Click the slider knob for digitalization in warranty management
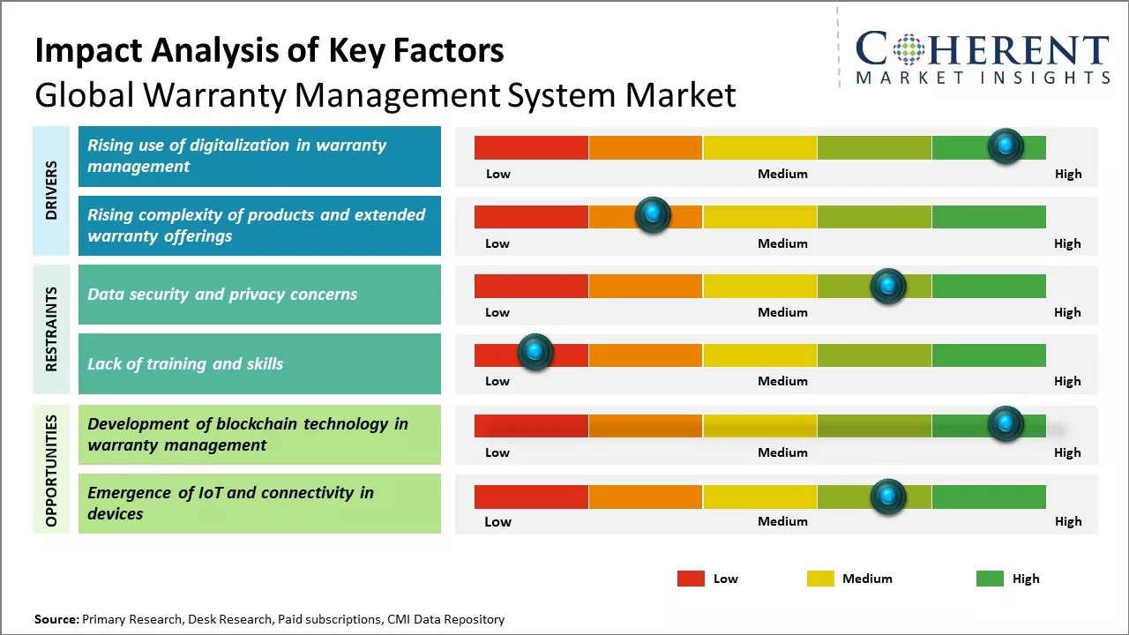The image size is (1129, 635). tap(1006, 146)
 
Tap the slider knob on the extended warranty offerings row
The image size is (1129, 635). tap(653, 215)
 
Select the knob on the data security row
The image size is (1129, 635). tap(888, 286)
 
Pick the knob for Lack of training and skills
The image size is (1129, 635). tap(535, 352)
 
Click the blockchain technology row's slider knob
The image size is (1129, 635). tap(1006, 424)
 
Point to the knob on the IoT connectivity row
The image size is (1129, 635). tap(888, 497)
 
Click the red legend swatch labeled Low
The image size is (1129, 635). tap(691, 579)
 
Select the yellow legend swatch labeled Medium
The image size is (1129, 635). tap(820, 579)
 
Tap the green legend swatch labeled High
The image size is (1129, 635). tap(990, 579)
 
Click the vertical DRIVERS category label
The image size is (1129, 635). tap(51, 190)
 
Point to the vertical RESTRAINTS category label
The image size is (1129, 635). tap(51, 329)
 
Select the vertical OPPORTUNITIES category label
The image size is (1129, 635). tap(51, 470)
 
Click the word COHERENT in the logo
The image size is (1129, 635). tap(982, 49)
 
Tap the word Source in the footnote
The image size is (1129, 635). tap(56, 619)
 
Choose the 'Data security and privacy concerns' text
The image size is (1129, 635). tap(222, 295)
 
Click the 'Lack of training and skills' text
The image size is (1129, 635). tap(185, 363)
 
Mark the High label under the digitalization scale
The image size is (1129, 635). tap(1068, 174)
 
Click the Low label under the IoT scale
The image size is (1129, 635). tap(497, 521)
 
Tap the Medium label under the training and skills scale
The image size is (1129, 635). tap(782, 381)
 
